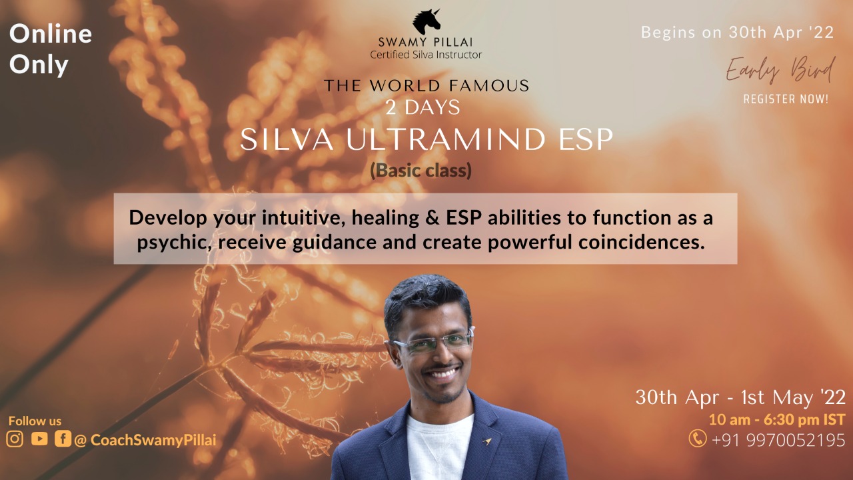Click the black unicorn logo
426,21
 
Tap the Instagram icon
15,439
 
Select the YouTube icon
39,439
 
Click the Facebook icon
63,439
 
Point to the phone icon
698,439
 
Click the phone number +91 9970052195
778,440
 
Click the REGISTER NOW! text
786,99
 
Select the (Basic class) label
421,171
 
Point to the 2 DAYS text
423,106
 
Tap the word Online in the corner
51,34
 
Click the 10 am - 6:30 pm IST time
776,419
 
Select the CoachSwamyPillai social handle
153,440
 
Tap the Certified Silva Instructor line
426,55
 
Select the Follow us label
35,421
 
